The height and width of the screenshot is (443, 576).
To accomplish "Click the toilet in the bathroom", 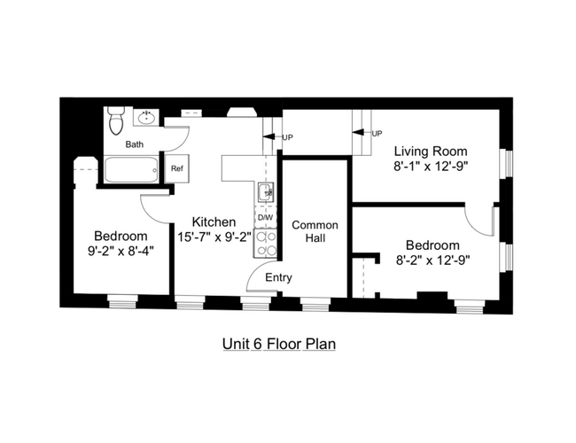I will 115,120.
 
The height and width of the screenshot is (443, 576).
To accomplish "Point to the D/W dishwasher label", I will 264,217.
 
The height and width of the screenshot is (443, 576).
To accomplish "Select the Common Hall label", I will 308,231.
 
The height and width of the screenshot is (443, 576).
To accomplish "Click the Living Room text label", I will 431,150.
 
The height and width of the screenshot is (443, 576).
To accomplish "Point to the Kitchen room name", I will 214,221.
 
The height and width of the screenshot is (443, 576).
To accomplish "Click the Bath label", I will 134,144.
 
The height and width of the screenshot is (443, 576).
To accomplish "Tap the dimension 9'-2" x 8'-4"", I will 121,251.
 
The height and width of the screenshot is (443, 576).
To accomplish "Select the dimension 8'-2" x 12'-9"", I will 432,260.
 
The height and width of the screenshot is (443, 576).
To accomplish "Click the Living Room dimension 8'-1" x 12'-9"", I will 431,165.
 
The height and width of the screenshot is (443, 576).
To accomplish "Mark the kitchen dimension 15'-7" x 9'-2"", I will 214,237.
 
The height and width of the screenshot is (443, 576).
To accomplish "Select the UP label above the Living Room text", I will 377,133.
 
